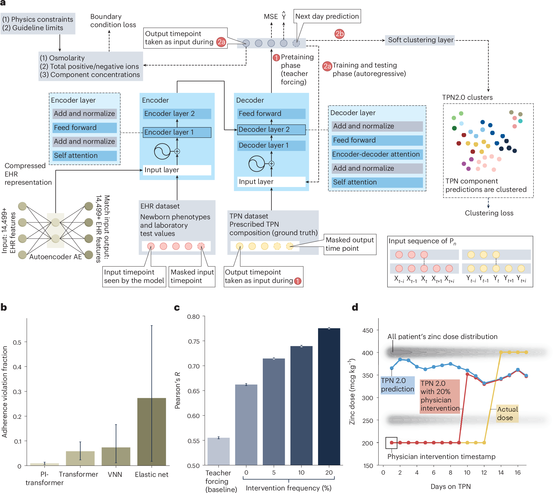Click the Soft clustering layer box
point(420,40)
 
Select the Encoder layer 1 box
point(177,132)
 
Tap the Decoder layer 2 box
point(271,129)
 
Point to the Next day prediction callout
point(327,16)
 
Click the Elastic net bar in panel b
point(151,432)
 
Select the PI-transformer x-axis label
point(44,478)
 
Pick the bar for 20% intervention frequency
point(329,396)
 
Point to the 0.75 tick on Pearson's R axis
point(194,341)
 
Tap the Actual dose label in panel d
point(507,413)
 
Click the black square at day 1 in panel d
point(391,443)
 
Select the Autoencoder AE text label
point(55,257)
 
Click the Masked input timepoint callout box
point(192,276)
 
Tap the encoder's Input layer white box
point(177,170)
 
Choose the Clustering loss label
point(489,213)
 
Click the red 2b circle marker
point(339,34)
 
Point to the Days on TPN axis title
point(450,486)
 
